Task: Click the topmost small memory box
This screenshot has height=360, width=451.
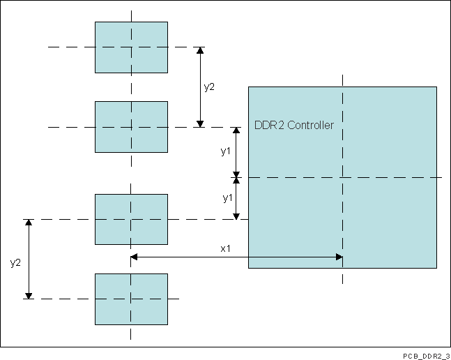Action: pyautogui.click(x=131, y=47)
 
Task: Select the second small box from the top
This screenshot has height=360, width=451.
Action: pyautogui.click(x=131, y=126)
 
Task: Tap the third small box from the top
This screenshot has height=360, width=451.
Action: pyautogui.click(x=131, y=219)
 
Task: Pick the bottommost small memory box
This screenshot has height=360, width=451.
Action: pyautogui.click(x=131, y=299)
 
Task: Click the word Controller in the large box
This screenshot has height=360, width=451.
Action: pyautogui.click(x=311, y=126)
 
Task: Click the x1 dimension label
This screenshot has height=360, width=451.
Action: pyautogui.click(x=225, y=248)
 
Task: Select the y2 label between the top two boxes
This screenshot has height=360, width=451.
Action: pyautogui.click(x=209, y=87)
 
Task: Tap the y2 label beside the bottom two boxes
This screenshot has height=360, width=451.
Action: pyautogui.click(x=15, y=262)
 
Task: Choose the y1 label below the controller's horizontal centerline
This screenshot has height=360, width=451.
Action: pyautogui.click(x=227, y=198)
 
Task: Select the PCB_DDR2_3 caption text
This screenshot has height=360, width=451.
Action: pyautogui.click(x=425, y=355)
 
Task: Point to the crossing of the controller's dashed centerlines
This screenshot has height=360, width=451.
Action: pyautogui.click(x=342, y=177)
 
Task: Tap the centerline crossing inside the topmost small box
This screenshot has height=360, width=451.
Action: pyautogui.click(x=131, y=47)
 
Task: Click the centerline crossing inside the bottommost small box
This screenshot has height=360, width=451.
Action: pyautogui.click(x=131, y=299)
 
